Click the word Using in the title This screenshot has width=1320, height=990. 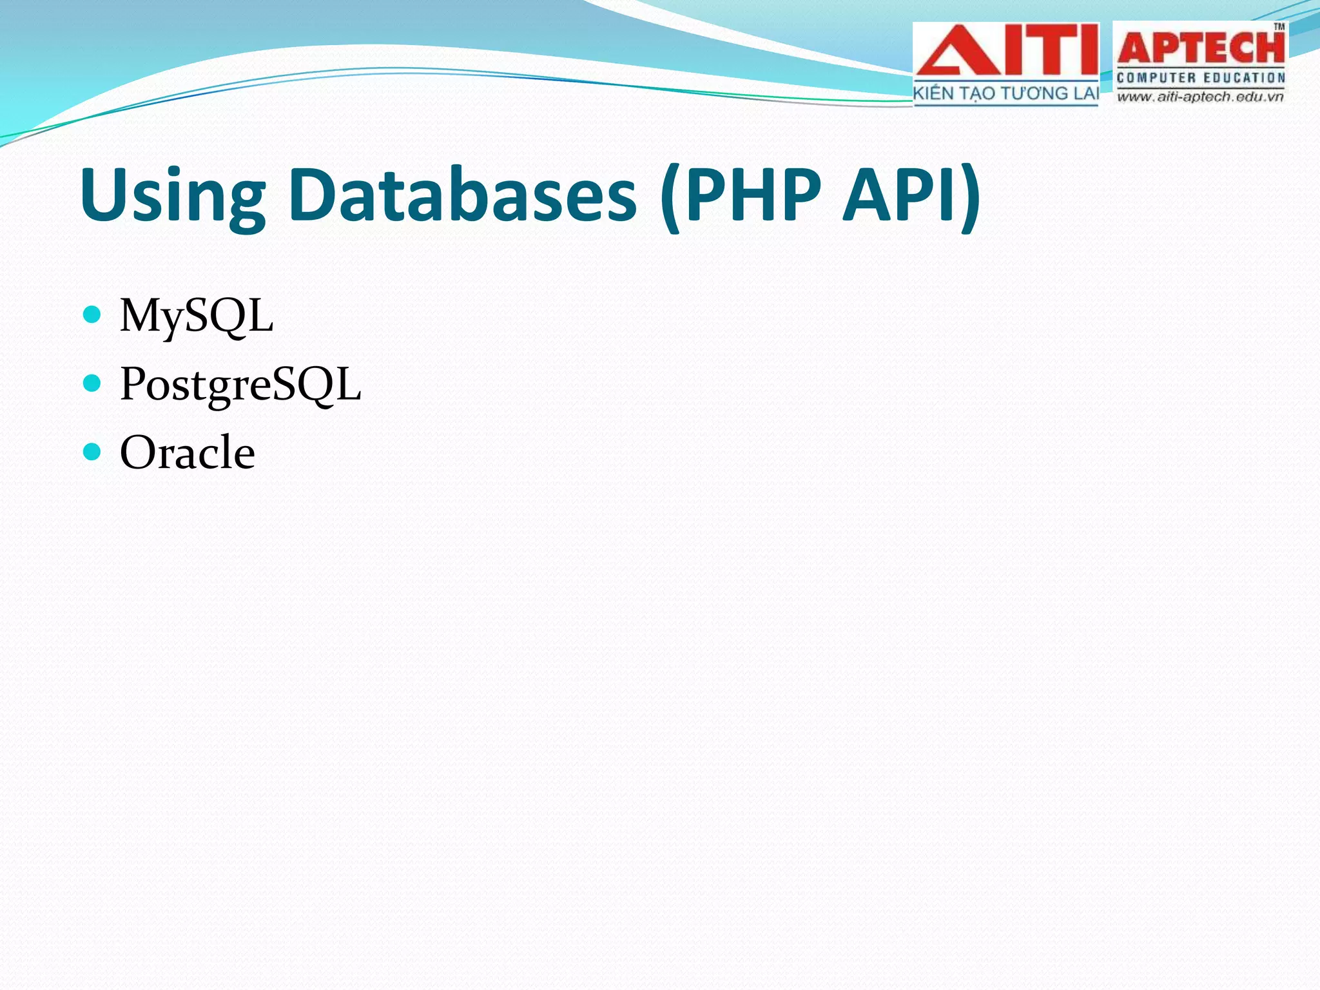[173, 195]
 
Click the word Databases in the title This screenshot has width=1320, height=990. [463, 195]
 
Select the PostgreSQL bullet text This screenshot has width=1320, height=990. [240, 385]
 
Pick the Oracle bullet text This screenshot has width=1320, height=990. [188, 452]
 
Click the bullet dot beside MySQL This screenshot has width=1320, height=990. [93, 315]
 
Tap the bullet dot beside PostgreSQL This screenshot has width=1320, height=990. [93, 383]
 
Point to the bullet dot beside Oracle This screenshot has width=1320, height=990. [93, 452]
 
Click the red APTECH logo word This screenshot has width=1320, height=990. [1200, 49]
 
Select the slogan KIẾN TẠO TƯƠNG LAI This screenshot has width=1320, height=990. [1005, 94]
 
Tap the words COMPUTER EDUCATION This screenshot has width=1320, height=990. [1200, 78]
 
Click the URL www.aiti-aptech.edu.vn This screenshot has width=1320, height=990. [1200, 97]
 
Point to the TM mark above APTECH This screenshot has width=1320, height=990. [1279, 27]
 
